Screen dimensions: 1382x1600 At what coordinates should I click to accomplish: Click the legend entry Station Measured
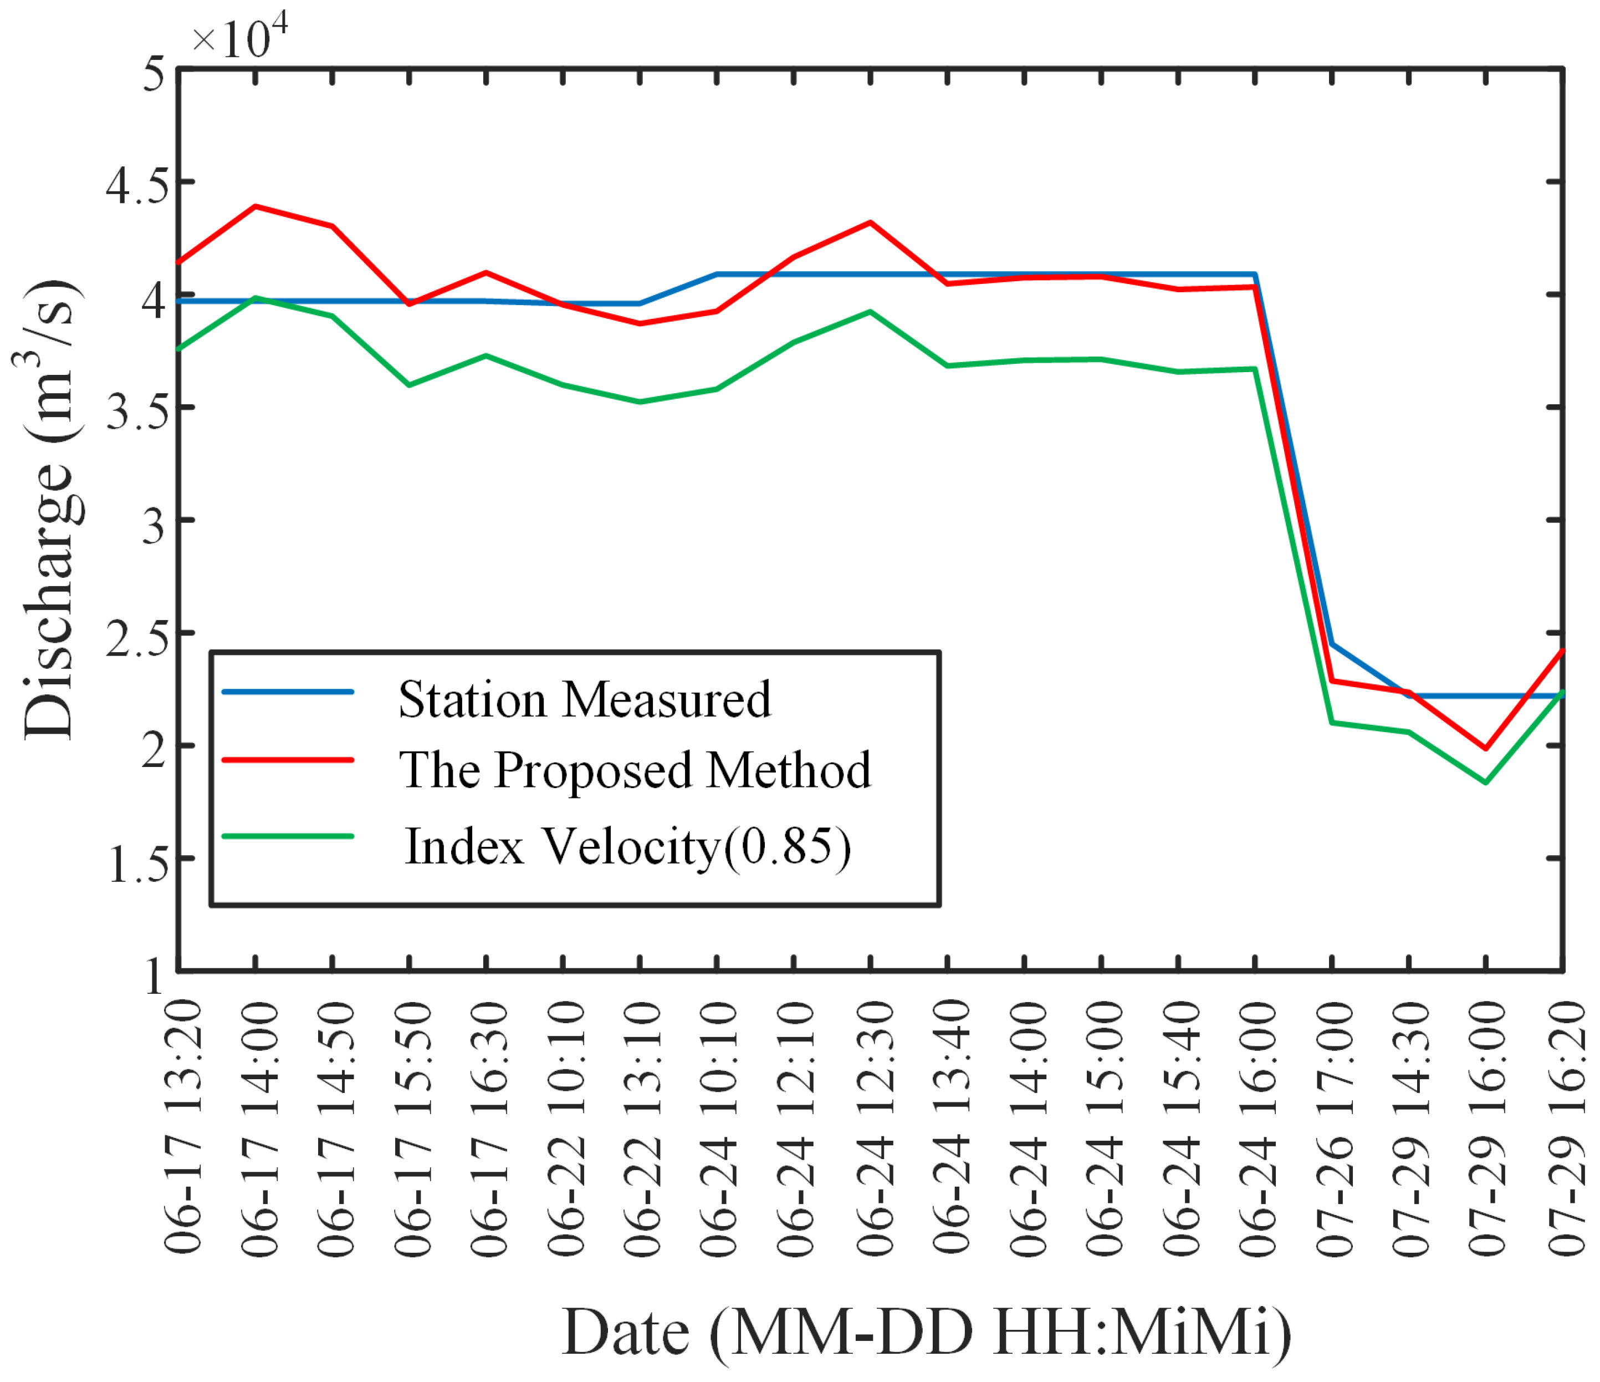pos(585,700)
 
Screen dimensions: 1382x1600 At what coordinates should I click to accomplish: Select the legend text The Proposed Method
pos(635,770)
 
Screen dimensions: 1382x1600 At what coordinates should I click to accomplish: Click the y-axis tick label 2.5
pos(137,637)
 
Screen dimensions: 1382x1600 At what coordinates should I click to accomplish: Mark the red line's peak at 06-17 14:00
pos(255,206)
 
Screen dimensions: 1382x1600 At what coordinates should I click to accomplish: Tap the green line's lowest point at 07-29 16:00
pos(1485,783)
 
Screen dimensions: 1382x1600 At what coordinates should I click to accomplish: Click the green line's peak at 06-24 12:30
pos(870,312)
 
